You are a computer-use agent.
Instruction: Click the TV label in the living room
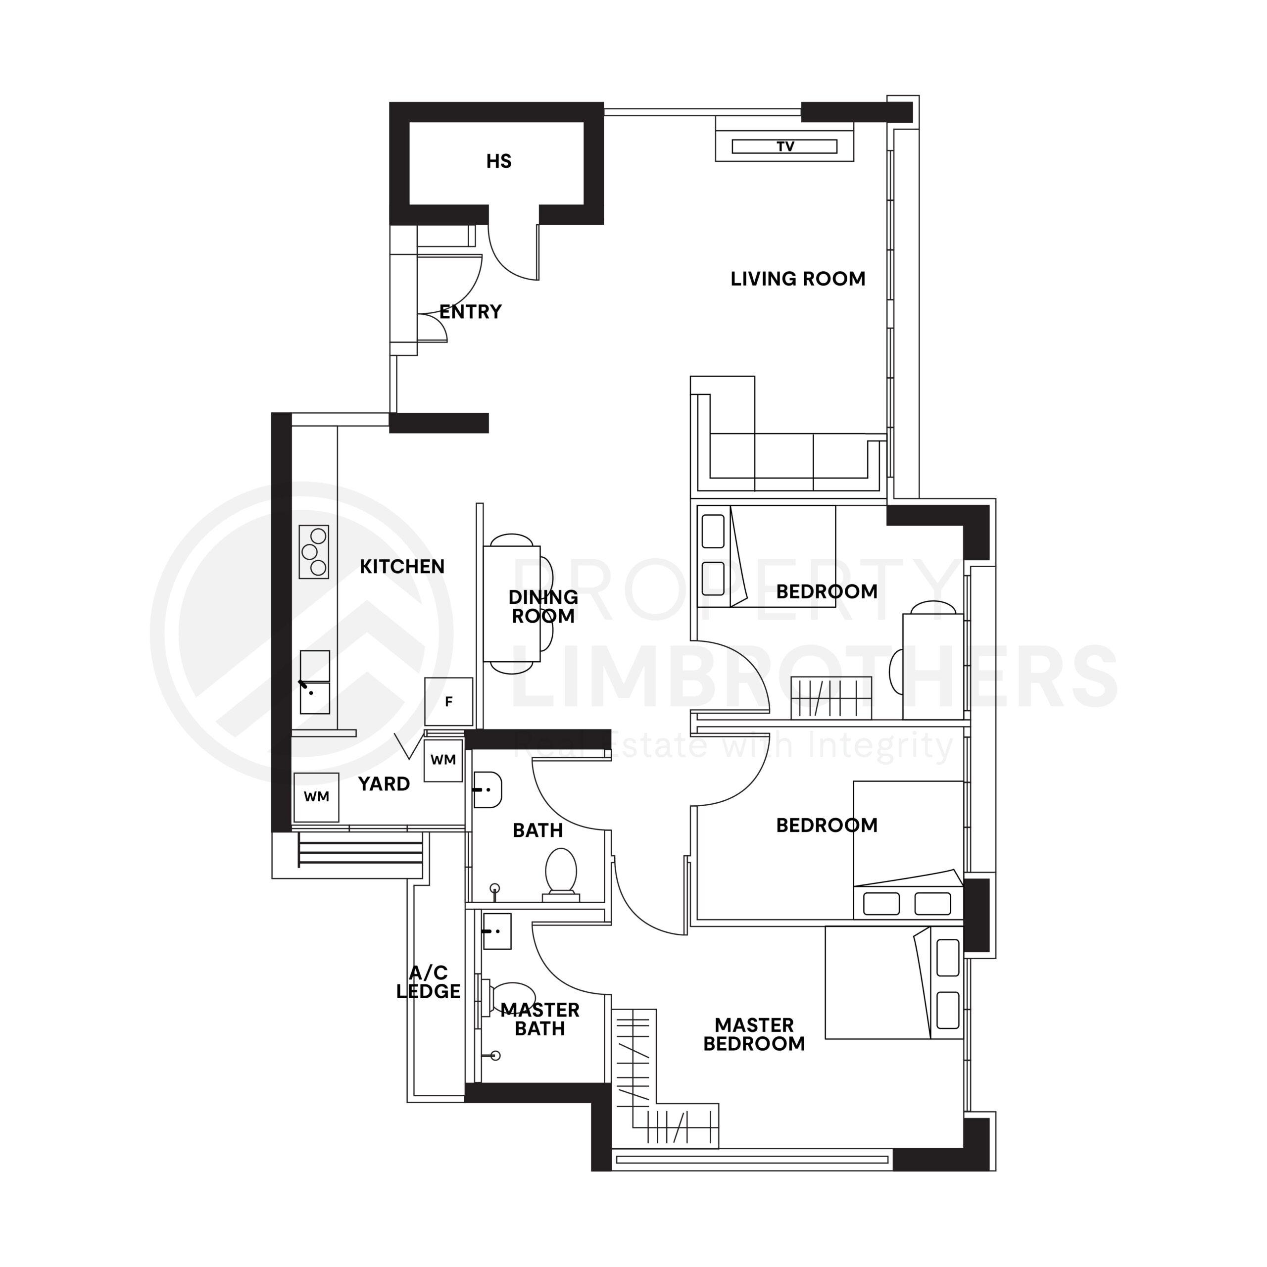(x=785, y=146)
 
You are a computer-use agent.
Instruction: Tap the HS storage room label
(x=498, y=161)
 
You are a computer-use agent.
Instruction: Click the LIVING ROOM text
(x=797, y=279)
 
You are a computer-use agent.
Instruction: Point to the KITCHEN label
(x=401, y=567)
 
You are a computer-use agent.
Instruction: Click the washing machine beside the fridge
(x=443, y=760)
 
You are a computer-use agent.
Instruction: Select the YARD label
(x=384, y=783)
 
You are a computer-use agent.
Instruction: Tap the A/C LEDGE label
(x=428, y=982)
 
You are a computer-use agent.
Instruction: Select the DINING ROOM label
(x=543, y=607)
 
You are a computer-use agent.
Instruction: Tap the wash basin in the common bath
(x=488, y=789)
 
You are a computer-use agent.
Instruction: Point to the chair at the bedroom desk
(x=896, y=672)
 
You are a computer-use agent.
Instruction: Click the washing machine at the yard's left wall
(x=316, y=797)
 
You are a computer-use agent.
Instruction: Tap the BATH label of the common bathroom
(x=537, y=831)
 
